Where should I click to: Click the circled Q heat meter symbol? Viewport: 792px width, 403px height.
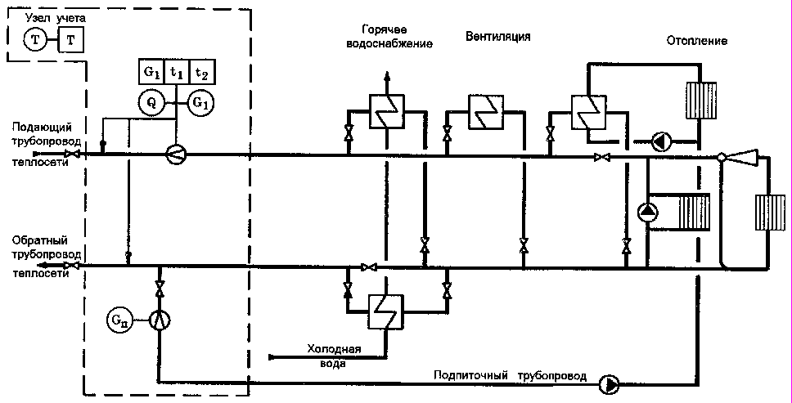click(150, 102)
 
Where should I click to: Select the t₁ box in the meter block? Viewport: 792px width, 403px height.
click(177, 72)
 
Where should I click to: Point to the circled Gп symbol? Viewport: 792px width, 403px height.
click(119, 318)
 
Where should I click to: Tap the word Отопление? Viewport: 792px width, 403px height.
click(697, 40)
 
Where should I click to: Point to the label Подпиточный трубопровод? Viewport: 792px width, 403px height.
click(510, 376)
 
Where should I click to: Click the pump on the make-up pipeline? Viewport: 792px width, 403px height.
click(610, 383)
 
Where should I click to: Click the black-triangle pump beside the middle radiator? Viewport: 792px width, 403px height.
click(648, 212)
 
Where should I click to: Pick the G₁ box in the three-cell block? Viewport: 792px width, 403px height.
click(151, 72)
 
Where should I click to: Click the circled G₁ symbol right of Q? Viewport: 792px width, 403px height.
click(201, 102)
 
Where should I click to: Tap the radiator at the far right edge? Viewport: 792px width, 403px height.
click(771, 215)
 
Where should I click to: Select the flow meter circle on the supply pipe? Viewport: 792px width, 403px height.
click(176, 154)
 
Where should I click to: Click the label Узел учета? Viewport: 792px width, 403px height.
click(52, 17)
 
